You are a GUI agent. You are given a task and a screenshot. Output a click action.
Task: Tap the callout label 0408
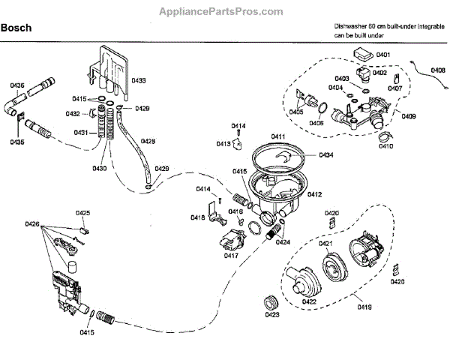[436, 70]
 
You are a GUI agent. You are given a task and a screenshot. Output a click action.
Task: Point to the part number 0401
[383, 55]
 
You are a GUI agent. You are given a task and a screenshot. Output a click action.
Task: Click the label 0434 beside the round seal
[325, 155]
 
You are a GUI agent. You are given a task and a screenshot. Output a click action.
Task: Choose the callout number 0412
[314, 194]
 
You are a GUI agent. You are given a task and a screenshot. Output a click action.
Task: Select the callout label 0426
[31, 224]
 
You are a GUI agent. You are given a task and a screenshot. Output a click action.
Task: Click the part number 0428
[148, 140]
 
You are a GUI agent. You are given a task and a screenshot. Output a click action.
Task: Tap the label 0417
[231, 256]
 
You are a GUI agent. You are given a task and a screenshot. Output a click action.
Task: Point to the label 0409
[409, 115]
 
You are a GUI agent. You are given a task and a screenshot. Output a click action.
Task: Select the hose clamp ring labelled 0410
[383, 136]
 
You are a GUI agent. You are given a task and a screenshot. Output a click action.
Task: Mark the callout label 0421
[325, 244]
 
